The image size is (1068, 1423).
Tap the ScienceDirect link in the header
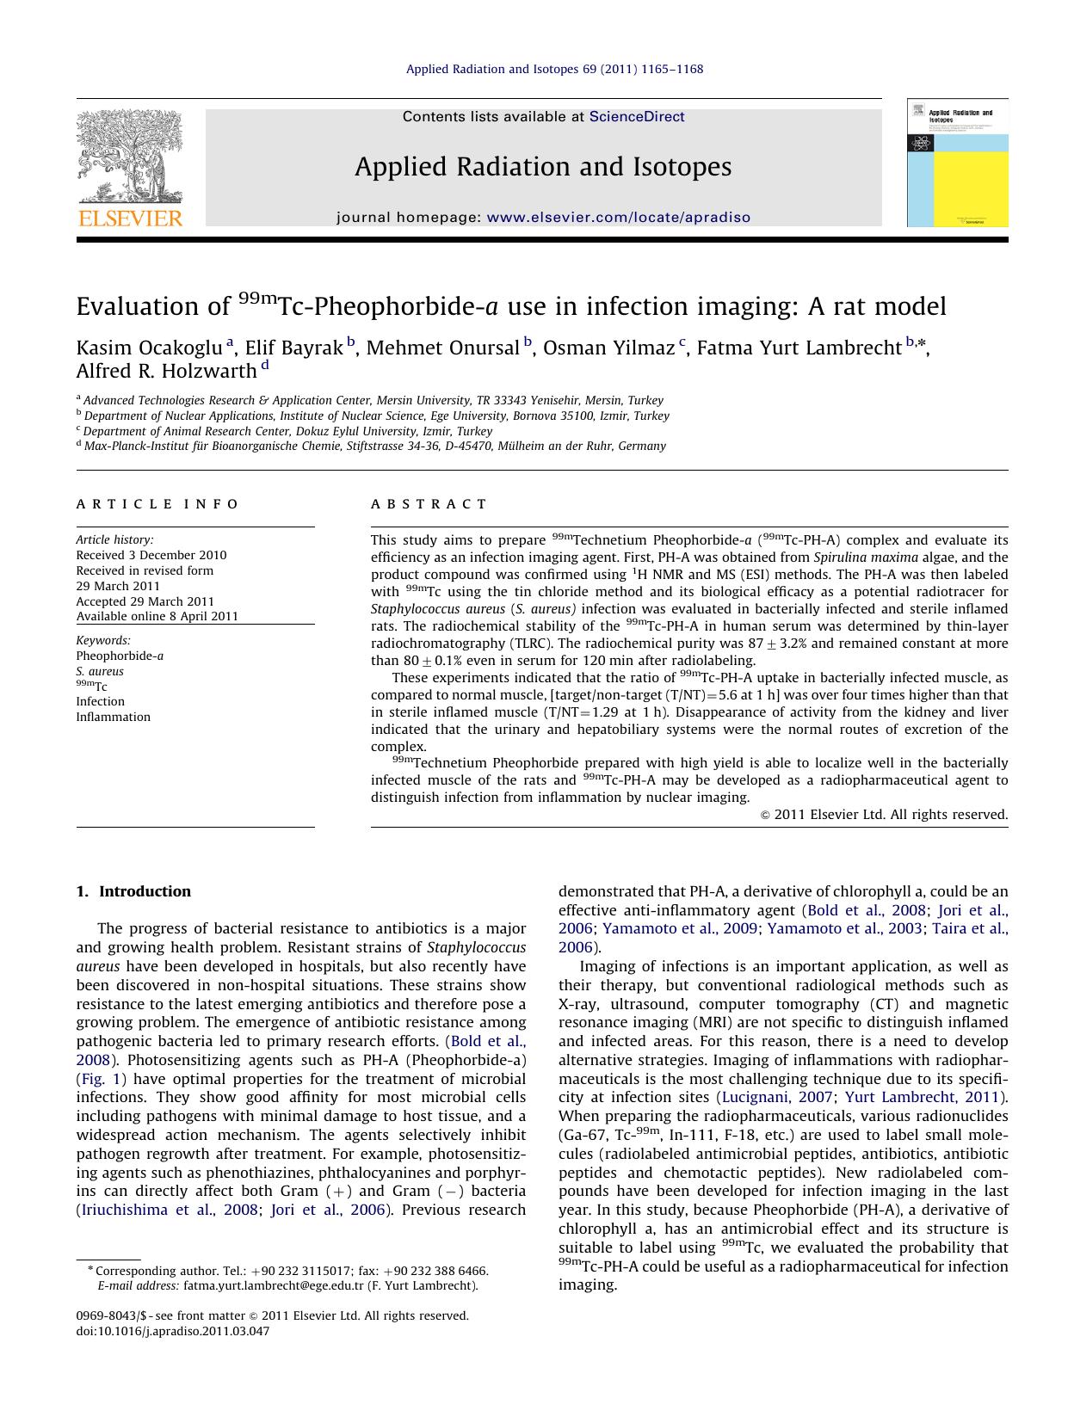click(x=637, y=117)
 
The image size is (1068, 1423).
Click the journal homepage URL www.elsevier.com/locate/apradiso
click(x=619, y=218)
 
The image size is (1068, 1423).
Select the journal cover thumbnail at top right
click(x=957, y=163)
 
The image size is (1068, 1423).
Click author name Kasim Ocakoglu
click(x=149, y=348)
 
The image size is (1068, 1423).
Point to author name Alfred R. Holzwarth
click(x=166, y=371)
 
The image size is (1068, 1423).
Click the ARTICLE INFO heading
click(x=157, y=504)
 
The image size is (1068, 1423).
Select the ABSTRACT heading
click(x=429, y=504)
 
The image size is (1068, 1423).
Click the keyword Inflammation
click(x=113, y=717)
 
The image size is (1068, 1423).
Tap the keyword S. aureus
click(x=100, y=671)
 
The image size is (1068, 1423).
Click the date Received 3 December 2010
click(x=151, y=555)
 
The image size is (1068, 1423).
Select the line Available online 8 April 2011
click(x=157, y=616)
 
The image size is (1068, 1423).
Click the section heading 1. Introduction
click(x=133, y=891)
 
